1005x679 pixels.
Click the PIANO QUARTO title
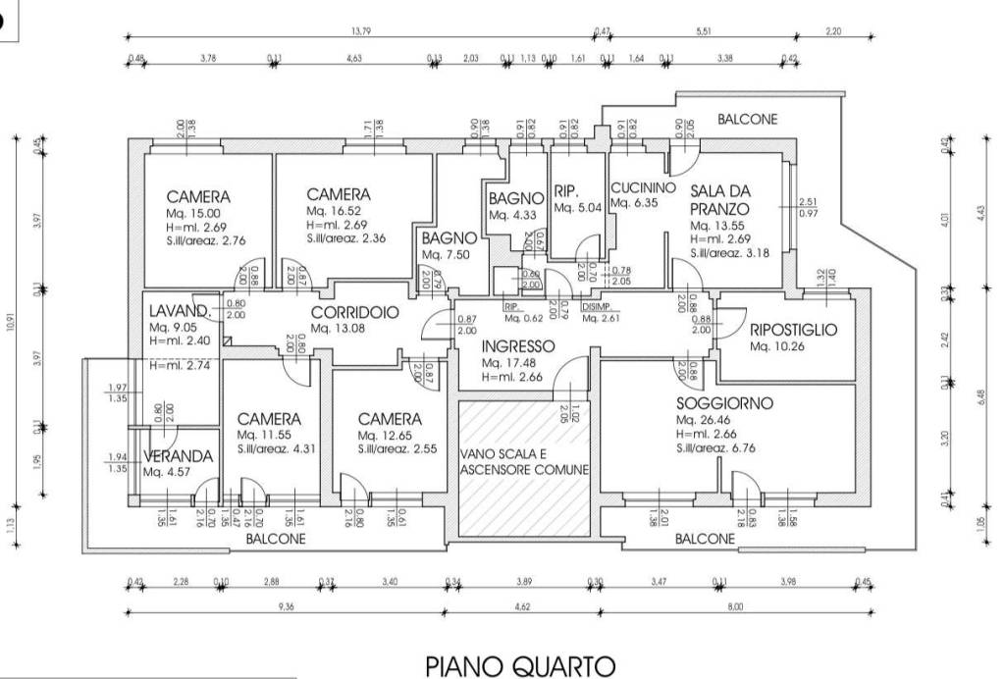tap(521, 667)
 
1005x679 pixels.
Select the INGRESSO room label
tap(518, 346)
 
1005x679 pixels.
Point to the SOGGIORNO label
tap(724, 403)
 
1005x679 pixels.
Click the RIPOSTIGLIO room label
tap(793, 331)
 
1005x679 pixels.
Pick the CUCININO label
tap(643, 188)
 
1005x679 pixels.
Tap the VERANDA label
tap(178, 456)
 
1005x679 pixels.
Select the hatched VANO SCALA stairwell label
tap(524, 462)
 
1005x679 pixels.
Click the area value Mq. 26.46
tap(703, 420)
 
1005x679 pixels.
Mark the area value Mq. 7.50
tap(447, 255)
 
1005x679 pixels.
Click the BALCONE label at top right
tap(747, 120)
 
